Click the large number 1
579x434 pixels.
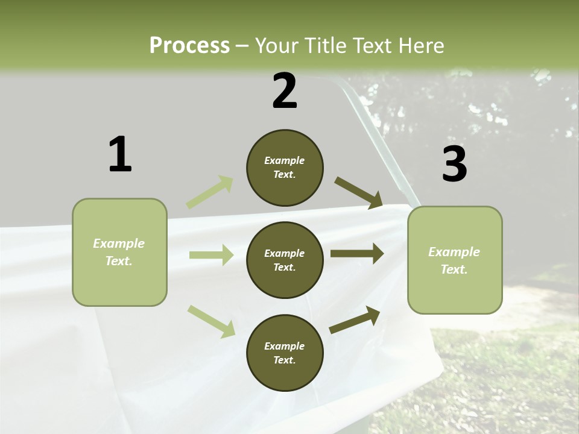120,154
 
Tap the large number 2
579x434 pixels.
285,91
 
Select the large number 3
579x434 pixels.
454,164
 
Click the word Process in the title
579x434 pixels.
189,45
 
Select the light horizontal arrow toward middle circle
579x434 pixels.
211,255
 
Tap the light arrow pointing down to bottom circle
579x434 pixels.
212,321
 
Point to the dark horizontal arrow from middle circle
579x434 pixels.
357,253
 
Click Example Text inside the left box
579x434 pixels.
119,252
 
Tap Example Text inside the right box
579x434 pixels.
454,260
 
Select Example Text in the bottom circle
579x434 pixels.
285,353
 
